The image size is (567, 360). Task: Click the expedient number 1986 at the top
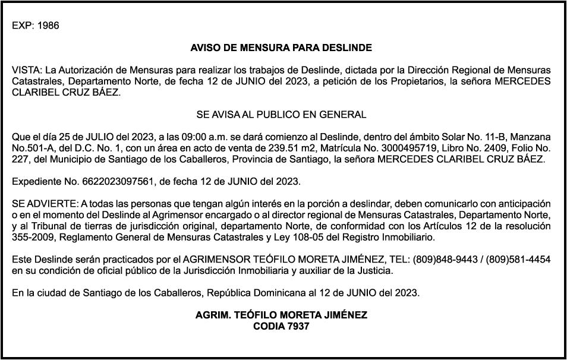coord(48,26)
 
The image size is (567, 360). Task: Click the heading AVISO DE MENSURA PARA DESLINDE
coord(281,48)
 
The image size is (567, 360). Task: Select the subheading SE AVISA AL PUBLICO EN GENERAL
coord(281,114)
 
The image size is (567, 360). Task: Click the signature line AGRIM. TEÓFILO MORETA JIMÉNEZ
coord(281,315)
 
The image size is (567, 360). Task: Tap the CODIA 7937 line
coord(281,326)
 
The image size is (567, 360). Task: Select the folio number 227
coord(20,159)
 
